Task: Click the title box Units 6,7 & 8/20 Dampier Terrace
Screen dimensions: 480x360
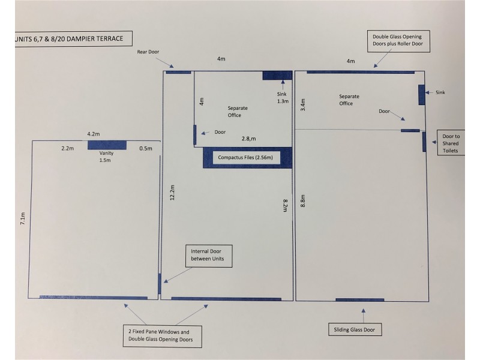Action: pos(73,38)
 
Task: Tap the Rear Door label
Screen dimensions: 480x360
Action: pos(148,52)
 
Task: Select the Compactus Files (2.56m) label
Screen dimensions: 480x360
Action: pos(245,157)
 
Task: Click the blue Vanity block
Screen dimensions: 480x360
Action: pos(107,145)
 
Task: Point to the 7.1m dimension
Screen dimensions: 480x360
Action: pos(23,218)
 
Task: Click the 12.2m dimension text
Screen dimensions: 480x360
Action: pos(172,193)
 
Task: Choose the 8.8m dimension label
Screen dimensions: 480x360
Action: pos(303,201)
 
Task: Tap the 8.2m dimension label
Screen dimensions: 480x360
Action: pos(285,205)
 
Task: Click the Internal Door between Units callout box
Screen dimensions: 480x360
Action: pos(209,256)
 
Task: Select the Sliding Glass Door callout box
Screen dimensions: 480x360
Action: pos(355,329)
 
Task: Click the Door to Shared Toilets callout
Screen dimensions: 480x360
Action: pos(451,143)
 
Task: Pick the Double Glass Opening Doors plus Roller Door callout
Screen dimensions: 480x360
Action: pos(398,41)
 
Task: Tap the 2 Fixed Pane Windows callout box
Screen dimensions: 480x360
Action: pos(162,336)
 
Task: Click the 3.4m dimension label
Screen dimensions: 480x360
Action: pos(303,104)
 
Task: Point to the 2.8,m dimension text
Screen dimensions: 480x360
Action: pos(248,139)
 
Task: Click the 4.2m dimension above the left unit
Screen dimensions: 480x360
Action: pos(94,134)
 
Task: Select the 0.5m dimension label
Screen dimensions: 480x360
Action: pos(146,148)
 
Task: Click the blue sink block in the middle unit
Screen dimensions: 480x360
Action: pos(277,76)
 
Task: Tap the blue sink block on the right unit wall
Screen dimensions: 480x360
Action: pos(422,95)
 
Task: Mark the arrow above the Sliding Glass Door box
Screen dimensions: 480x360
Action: pos(364,316)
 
